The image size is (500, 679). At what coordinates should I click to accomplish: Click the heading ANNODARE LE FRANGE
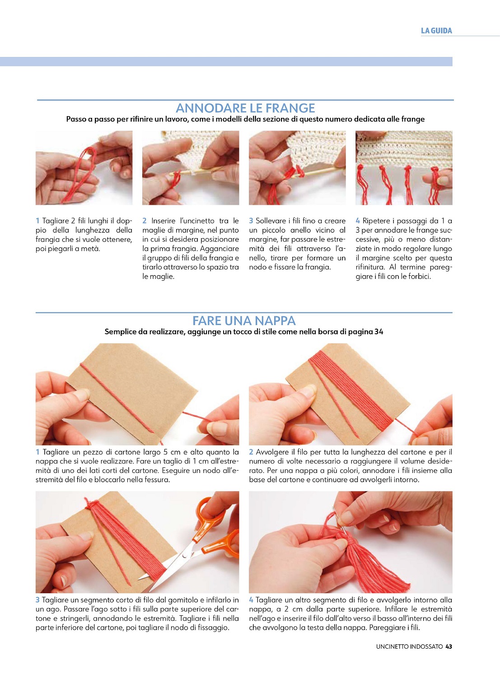245,108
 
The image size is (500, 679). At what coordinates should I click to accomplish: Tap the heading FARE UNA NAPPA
244,321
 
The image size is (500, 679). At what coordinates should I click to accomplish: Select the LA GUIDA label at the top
436,31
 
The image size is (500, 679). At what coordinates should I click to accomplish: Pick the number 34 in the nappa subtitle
379,332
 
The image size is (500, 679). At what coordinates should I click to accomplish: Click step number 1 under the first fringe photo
37,221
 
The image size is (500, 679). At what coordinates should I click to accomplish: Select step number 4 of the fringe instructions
358,221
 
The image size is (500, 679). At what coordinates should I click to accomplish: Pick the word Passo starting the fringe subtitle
76,119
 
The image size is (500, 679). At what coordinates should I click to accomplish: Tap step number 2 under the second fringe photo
145,221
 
